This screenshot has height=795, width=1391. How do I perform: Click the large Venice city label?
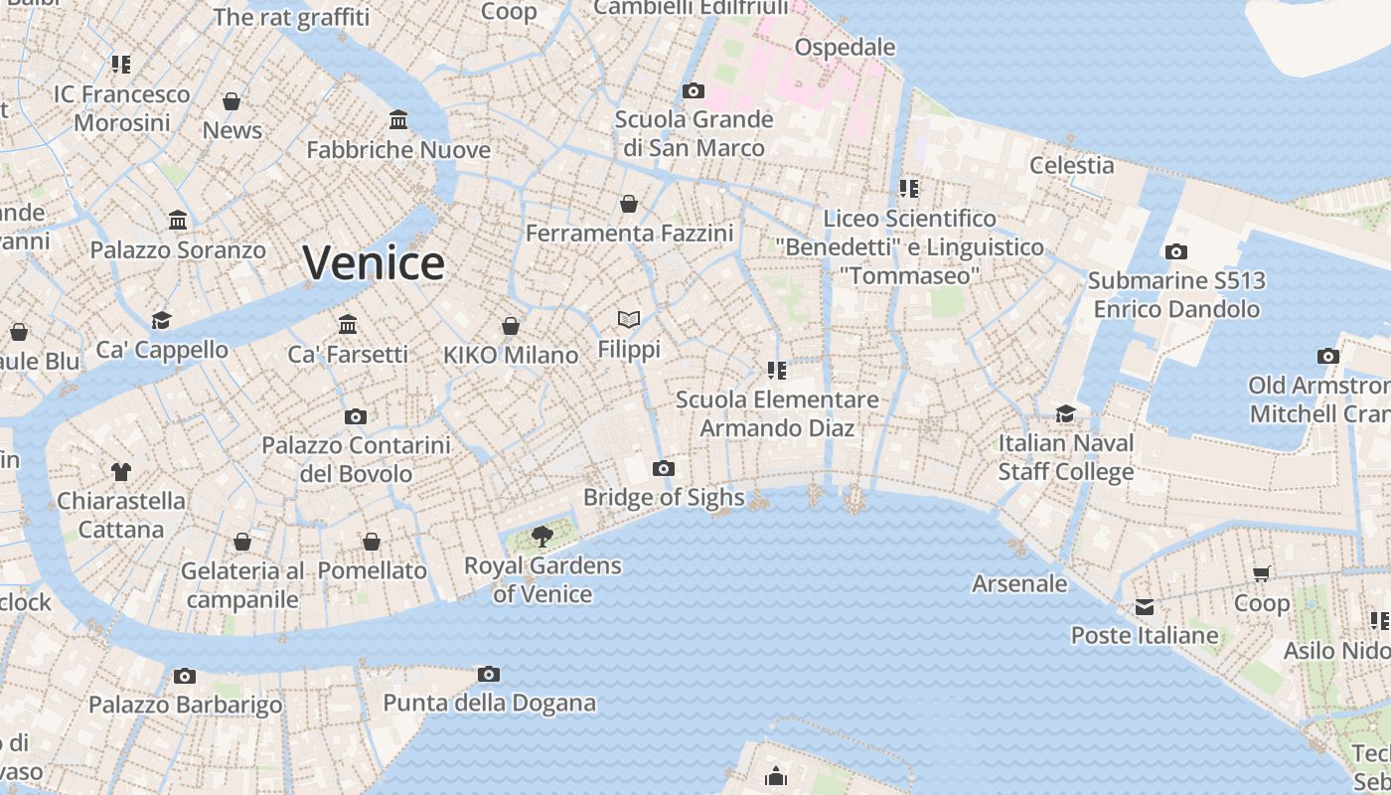click(374, 263)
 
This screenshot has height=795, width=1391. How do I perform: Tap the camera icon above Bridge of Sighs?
click(664, 469)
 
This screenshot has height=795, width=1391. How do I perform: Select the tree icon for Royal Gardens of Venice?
click(542, 538)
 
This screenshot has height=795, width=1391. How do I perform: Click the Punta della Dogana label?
click(490, 704)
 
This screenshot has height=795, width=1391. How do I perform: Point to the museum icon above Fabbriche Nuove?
click(398, 120)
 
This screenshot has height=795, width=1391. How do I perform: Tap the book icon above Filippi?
click(628, 319)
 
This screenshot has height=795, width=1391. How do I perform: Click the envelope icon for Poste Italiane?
click(1145, 606)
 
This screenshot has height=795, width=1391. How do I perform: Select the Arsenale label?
click(1019, 583)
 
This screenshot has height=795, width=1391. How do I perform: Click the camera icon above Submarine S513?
click(1176, 251)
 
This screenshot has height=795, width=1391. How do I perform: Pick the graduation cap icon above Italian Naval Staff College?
click(1066, 413)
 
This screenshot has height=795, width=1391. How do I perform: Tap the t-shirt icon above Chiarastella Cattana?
click(121, 471)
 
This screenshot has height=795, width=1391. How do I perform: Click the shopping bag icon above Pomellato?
click(372, 542)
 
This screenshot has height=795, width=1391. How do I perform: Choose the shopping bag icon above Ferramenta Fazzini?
click(629, 204)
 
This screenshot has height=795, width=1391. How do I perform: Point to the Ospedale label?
click(845, 47)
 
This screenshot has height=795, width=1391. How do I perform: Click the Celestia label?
click(1072, 165)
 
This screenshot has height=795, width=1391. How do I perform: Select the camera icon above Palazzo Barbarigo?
click(185, 676)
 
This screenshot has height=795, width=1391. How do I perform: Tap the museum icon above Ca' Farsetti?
click(348, 324)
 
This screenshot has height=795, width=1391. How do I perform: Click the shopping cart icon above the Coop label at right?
click(1262, 573)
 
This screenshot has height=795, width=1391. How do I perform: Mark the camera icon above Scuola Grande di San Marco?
click(694, 90)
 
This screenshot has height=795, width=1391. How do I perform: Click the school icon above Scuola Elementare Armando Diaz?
click(777, 371)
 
